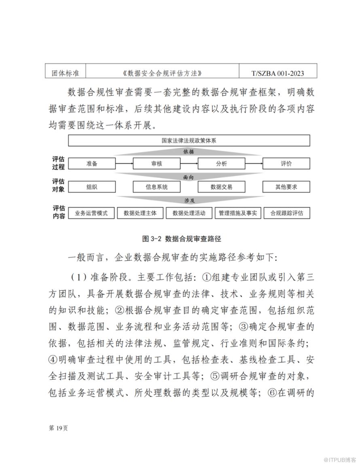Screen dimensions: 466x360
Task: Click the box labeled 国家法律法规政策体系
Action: point(189,140)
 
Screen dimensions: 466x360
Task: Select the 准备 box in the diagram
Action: point(92,164)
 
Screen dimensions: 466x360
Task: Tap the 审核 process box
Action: point(157,164)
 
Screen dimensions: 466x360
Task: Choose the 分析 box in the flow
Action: point(221,164)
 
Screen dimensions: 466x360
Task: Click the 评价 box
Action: point(286,164)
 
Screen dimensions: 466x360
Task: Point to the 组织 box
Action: point(92,187)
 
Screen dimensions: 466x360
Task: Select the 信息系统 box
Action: point(157,187)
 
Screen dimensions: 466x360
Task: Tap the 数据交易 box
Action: point(221,187)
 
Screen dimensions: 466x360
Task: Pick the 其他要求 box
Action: point(286,187)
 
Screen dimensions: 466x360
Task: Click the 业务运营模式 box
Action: point(91,213)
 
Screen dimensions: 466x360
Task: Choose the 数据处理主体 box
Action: point(140,213)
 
